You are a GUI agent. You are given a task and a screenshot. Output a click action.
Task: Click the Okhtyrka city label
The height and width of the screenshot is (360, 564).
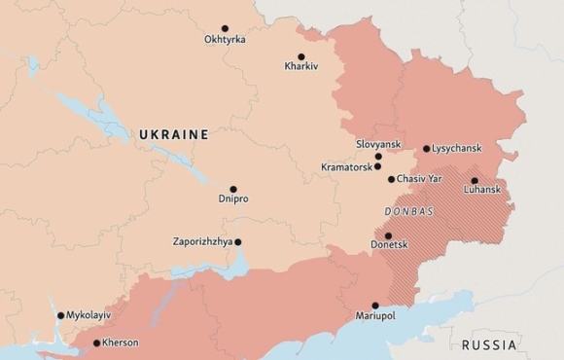[225, 40]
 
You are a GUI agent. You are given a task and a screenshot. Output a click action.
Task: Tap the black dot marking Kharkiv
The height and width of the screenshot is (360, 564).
[300, 56]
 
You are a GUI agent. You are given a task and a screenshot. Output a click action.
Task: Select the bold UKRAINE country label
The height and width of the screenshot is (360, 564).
[174, 134]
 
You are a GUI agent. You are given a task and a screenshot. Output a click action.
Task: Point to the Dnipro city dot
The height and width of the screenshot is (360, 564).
[233, 189]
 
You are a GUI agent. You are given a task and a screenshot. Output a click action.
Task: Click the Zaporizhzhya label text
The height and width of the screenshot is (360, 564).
[201, 242]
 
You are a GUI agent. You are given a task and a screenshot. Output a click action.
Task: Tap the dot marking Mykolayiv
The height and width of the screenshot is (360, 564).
[60, 315]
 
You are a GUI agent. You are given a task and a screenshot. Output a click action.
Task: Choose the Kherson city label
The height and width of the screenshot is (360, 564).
[121, 342]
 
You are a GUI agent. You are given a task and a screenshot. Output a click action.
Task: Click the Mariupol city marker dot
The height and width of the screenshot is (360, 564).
[375, 306]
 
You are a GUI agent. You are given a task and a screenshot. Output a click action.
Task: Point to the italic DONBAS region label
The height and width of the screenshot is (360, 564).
[408, 211]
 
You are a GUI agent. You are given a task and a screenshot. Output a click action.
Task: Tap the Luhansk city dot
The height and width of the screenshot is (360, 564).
[475, 180]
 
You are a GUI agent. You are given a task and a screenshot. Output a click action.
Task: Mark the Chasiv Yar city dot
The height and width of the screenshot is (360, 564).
[391, 179]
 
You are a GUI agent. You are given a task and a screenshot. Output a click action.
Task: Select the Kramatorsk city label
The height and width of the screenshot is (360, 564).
[347, 167]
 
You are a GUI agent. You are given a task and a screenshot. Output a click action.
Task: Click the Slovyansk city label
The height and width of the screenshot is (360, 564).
[379, 144]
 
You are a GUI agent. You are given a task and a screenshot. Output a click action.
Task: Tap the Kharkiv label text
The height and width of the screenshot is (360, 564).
[301, 67]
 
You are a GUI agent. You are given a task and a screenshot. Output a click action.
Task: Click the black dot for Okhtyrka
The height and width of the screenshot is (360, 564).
[225, 28]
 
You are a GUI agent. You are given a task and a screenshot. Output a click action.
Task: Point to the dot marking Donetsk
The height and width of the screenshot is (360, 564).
[388, 236]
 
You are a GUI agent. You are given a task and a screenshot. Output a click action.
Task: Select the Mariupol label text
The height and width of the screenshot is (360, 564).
[375, 317]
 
